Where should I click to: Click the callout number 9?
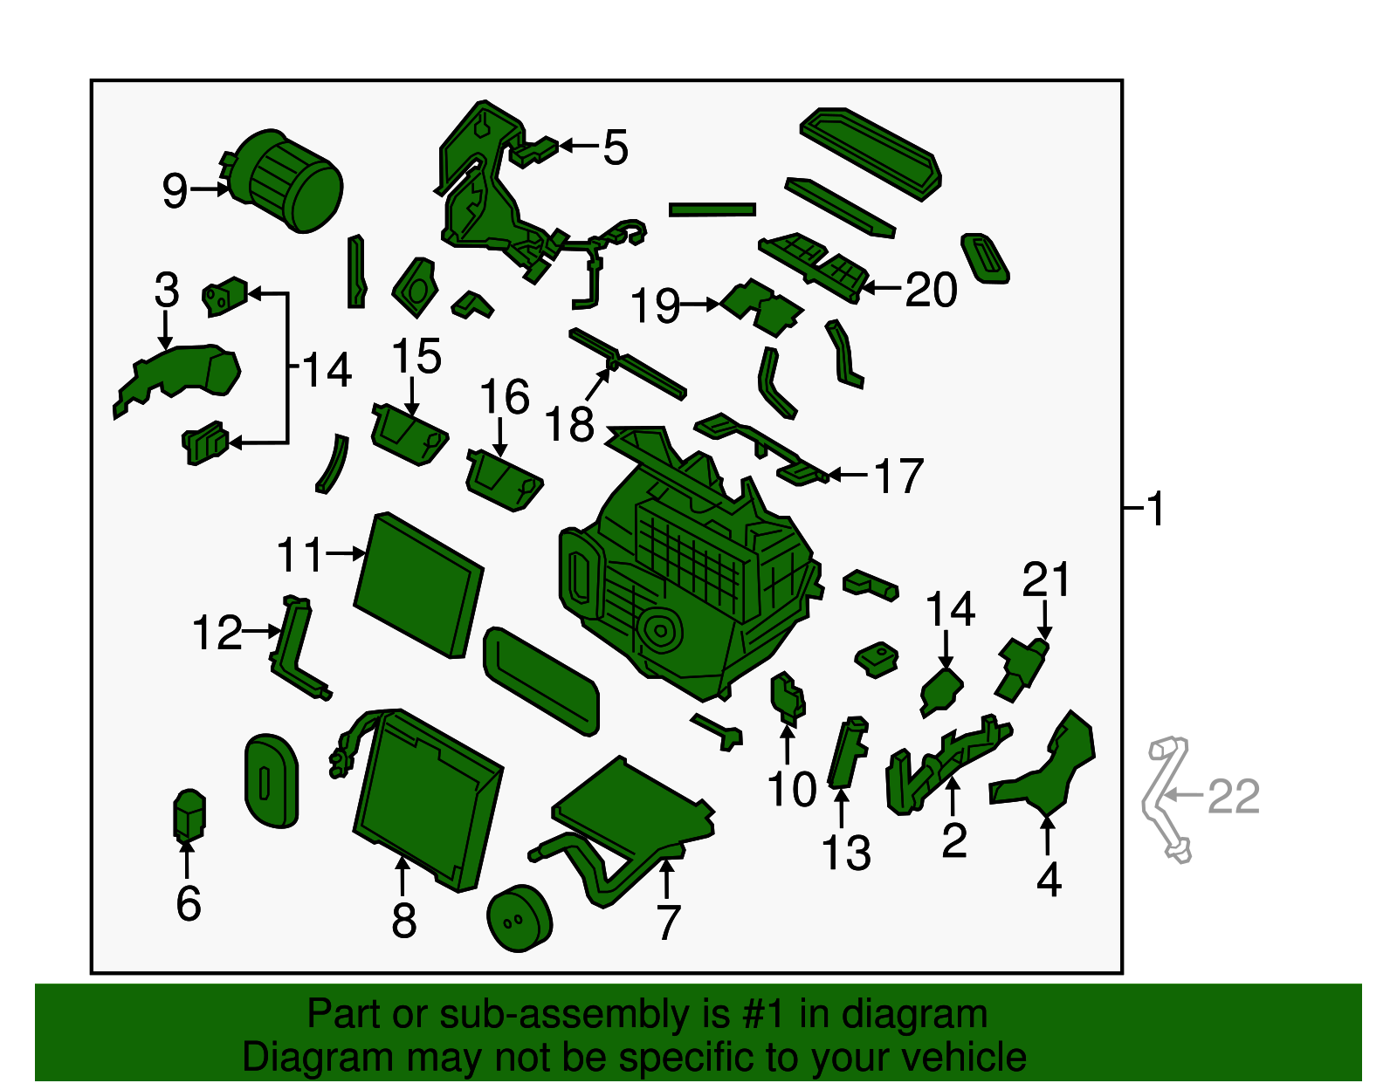point(175,190)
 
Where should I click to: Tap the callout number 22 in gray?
point(1234,796)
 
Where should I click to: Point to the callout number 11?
point(300,555)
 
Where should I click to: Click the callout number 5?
point(616,147)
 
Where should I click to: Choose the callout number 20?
point(931,290)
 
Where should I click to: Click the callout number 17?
point(898,476)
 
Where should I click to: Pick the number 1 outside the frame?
point(1155,508)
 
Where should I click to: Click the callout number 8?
point(403,920)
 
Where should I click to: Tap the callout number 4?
point(1049,880)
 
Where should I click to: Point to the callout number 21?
point(1046,579)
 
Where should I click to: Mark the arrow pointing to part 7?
point(666,877)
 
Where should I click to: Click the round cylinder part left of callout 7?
point(520,918)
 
